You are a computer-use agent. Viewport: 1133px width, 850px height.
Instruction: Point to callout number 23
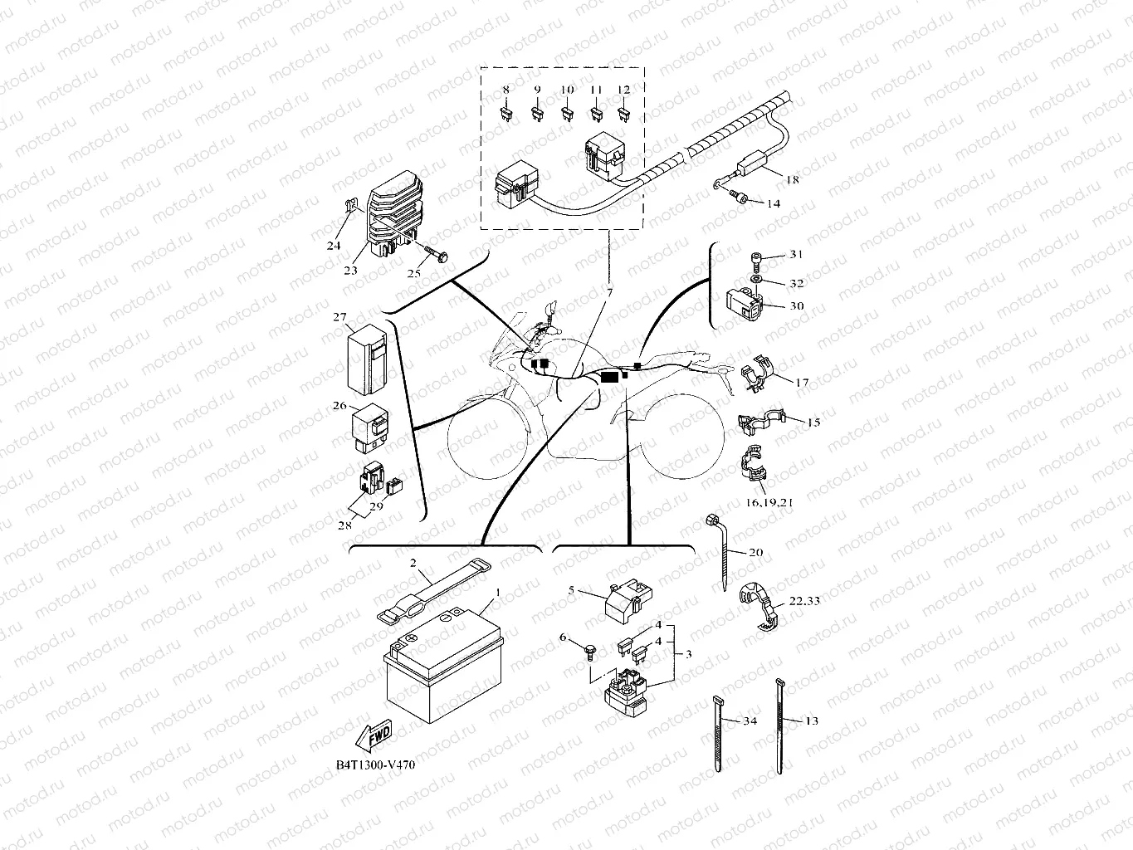click(351, 270)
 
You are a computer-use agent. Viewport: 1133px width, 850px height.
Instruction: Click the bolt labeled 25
click(433, 252)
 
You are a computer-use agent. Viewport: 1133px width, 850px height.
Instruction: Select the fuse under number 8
click(505, 115)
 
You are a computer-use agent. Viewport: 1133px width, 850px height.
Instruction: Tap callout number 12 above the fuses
click(624, 90)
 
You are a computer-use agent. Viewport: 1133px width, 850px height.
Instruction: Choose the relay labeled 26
click(374, 427)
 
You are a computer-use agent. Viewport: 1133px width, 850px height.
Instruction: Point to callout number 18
click(792, 179)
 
